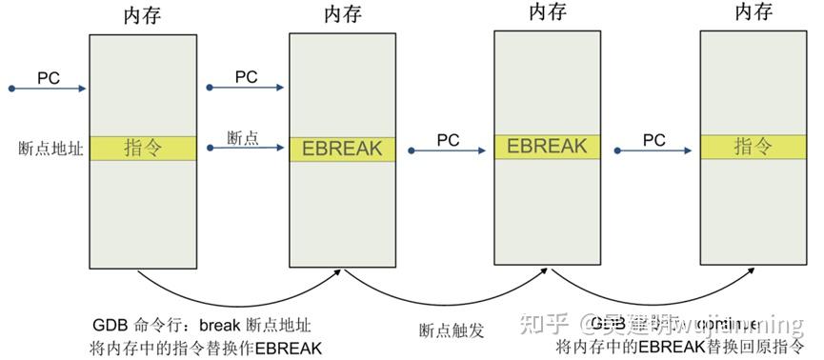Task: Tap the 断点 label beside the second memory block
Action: (243, 137)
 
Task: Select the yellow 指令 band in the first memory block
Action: (142, 149)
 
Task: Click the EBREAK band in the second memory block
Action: (342, 149)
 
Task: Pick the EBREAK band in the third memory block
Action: (546, 147)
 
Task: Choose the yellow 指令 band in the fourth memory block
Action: (752, 147)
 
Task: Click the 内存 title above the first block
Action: (142, 16)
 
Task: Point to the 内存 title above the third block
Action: (547, 12)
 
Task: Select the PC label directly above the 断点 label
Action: (246, 76)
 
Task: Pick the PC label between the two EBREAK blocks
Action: (448, 139)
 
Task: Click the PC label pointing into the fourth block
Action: (653, 139)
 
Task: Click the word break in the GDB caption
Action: (223, 324)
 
